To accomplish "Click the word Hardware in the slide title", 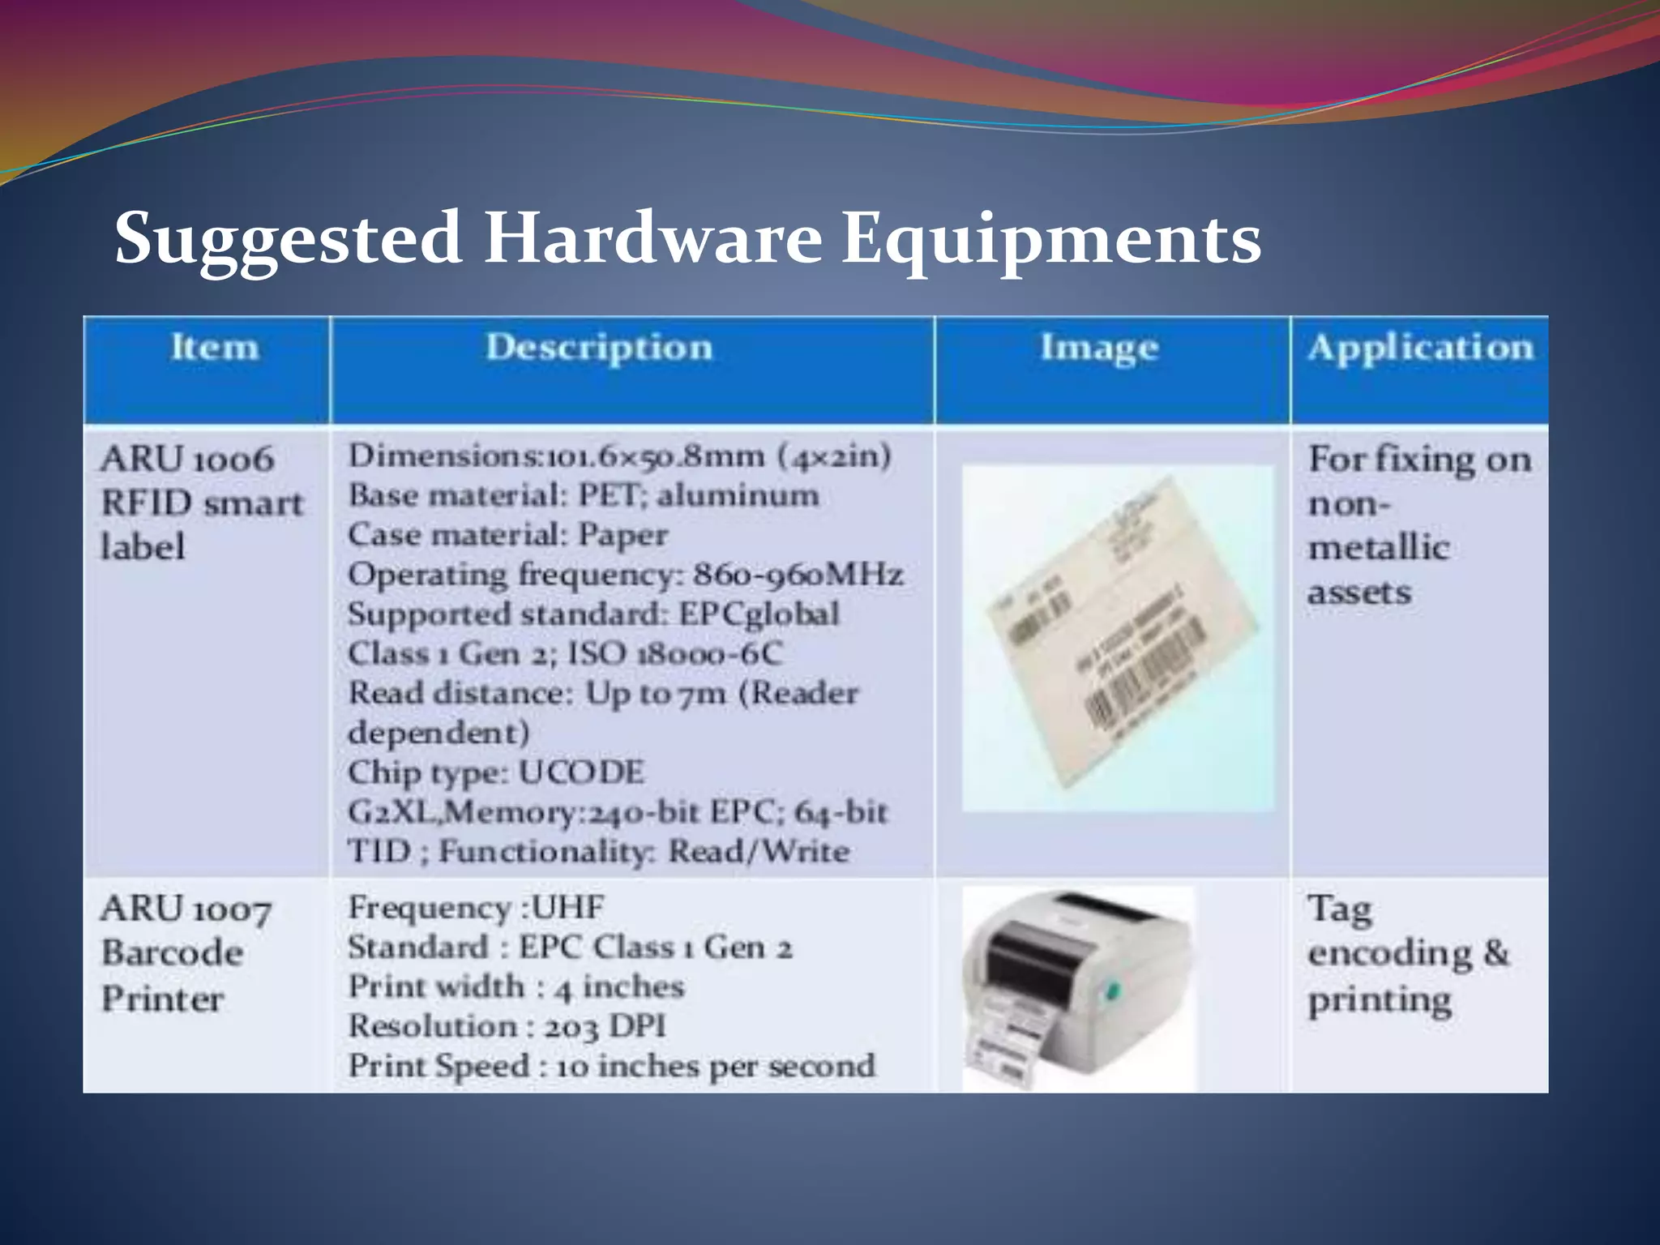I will coord(652,238).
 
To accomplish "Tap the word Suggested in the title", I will coord(288,240).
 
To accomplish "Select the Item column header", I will coord(215,348).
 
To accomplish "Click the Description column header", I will coord(599,348).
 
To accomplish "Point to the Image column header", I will coord(1099,348).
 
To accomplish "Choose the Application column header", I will coord(1420,348).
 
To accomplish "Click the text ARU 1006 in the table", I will coord(187,460).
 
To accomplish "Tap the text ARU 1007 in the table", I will coord(186,909).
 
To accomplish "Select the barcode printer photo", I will coord(1078,989).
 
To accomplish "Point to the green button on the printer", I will coord(1113,990).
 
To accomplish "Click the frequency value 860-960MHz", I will coord(798,575).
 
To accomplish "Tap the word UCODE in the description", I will coord(581,772).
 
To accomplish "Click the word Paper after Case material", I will coord(622,535).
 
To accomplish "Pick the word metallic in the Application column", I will coord(1378,548).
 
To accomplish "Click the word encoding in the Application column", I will coord(1389,954).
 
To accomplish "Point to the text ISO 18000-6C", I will coord(674,653).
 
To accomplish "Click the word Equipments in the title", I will coord(1050,240).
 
